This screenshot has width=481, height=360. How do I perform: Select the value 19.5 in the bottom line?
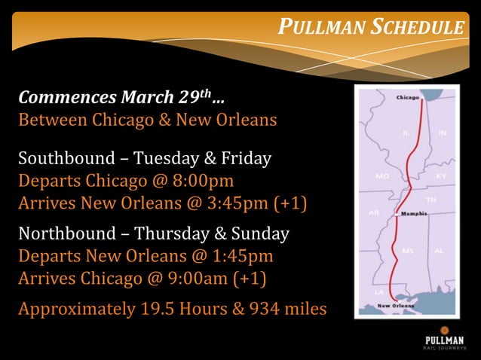click(159, 309)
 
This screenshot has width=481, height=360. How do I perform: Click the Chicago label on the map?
click(407, 97)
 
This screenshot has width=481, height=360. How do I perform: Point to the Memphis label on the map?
click(414, 213)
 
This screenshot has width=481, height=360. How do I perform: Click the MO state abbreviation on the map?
click(381, 175)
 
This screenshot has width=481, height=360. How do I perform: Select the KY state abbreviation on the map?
click(441, 175)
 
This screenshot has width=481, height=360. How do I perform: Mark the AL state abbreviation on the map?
click(439, 250)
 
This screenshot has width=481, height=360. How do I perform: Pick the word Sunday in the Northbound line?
click(262, 233)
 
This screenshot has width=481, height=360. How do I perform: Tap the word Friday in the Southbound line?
click(247, 159)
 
